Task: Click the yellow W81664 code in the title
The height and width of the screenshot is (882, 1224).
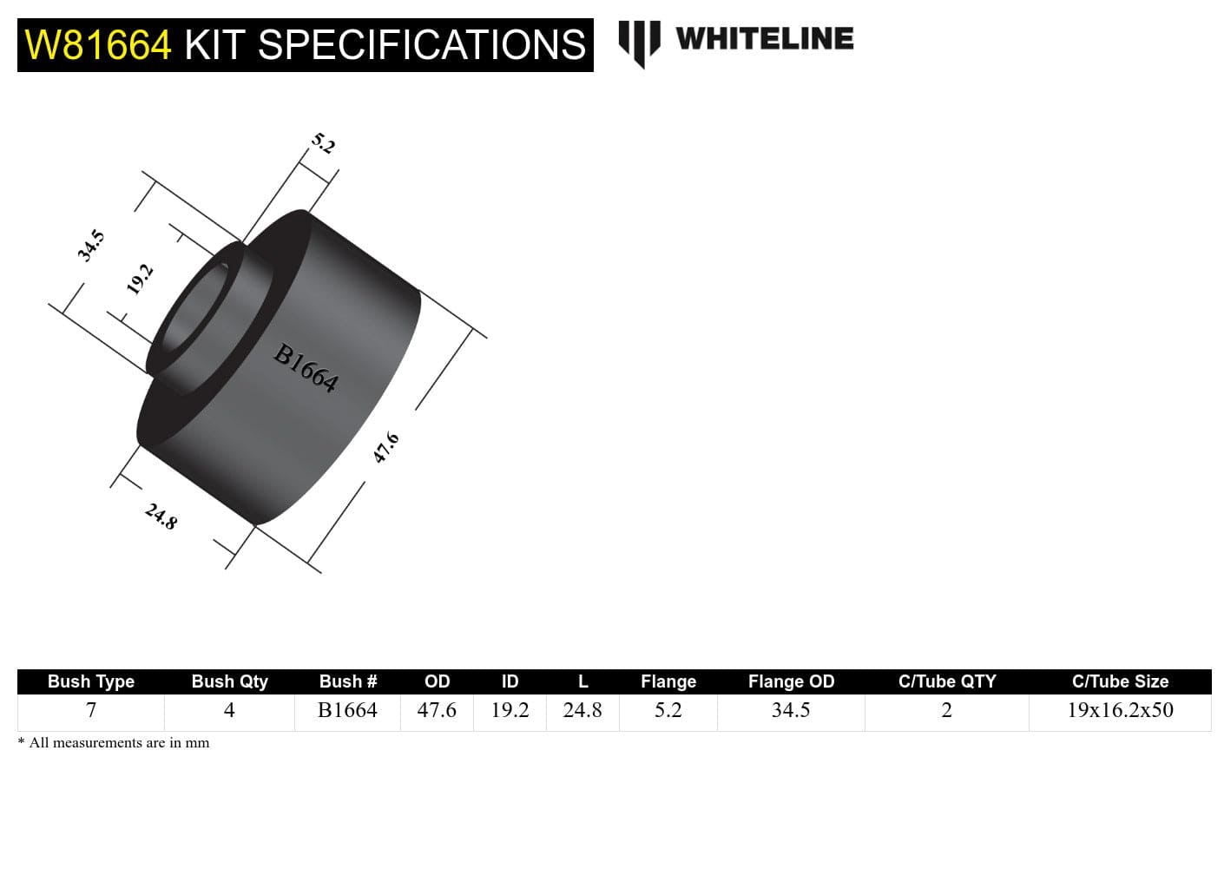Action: pos(98,45)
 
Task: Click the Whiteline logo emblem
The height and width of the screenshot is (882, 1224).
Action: pos(639,42)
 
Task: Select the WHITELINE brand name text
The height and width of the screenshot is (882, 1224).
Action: pos(764,39)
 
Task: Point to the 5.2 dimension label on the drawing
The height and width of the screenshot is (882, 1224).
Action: pos(323,143)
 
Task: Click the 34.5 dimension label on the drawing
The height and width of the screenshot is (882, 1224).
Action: pos(91,246)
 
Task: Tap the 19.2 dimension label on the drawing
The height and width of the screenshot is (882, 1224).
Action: pos(140,280)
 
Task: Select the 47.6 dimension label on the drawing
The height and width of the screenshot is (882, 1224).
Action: pos(386,448)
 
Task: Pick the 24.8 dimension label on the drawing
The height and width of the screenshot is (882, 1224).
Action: pos(161,517)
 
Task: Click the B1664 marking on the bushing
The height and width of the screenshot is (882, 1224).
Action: pos(306,367)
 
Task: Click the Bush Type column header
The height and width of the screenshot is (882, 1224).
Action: pos(91,681)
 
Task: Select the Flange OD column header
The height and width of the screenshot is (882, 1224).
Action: pos(791,681)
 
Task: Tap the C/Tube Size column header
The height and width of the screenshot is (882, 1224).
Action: pos(1120,681)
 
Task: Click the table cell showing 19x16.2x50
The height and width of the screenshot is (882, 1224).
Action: pos(1120,710)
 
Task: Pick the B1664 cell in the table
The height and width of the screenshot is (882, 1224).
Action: pos(347,710)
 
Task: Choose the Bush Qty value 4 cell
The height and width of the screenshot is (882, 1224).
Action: pos(229,710)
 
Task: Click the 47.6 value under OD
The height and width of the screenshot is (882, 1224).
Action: pos(437,710)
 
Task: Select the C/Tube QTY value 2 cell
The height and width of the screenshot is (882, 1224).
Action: pos(946,710)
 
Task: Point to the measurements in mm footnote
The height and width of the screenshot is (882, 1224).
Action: pos(115,742)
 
